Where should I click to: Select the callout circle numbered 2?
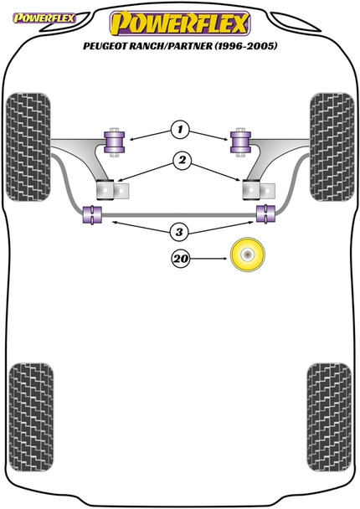pyautogui.click(x=179, y=160)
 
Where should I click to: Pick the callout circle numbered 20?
pyautogui.click(x=179, y=259)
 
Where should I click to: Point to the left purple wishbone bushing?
pyautogui.click(x=114, y=140)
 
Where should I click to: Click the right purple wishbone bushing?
pyautogui.click(x=243, y=141)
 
